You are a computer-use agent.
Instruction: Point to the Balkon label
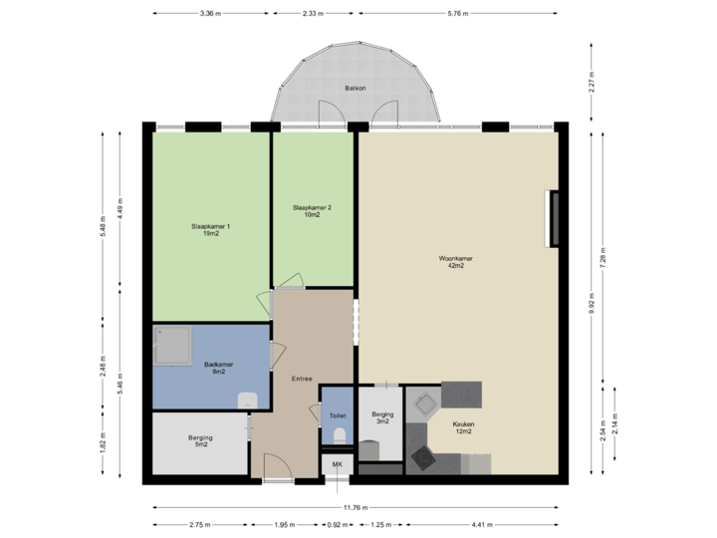(356, 89)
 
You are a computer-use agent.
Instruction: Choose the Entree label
(302, 379)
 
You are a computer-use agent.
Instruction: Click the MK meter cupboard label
(337, 465)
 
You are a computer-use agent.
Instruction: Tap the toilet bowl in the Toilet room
(339, 435)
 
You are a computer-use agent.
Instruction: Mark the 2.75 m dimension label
(199, 524)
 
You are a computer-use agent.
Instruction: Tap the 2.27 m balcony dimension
(591, 81)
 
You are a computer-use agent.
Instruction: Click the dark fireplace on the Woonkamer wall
(551, 217)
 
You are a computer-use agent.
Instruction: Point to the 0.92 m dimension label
(337, 524)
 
